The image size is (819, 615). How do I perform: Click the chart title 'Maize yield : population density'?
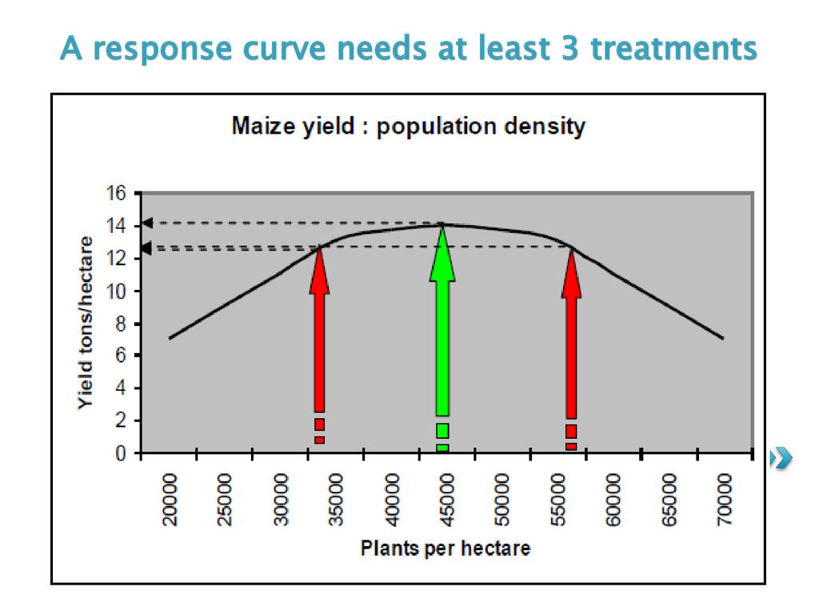(408, 127)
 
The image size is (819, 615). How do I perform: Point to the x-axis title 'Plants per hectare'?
(445, 549)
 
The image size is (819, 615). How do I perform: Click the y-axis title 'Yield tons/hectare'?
(86, 322)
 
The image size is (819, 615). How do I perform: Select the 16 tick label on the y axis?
(117, 194)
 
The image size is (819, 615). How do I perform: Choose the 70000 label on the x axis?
(725, 499)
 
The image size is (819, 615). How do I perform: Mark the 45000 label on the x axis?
(447, 499)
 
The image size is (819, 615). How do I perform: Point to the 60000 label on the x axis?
(613, 499)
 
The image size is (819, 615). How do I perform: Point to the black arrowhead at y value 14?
(147, 223)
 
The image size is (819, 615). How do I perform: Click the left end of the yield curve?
(170, 338)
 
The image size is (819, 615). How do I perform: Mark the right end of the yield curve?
(723, 338)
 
